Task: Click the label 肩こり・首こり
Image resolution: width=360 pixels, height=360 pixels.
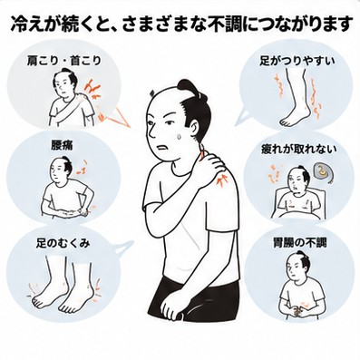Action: pos(63,61)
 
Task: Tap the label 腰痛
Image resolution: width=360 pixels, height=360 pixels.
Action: pos(63,146)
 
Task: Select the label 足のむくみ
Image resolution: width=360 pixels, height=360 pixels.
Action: pos(63,243)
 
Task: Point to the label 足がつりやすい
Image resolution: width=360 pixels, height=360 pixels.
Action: pos(297,61)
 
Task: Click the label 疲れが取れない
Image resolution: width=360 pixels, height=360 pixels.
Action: pos(298,149)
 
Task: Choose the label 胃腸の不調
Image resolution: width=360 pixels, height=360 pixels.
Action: pos(300,243)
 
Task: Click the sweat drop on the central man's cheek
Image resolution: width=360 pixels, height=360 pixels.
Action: pos(180,136)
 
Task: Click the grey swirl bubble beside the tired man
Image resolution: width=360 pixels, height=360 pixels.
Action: pos(323,172)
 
